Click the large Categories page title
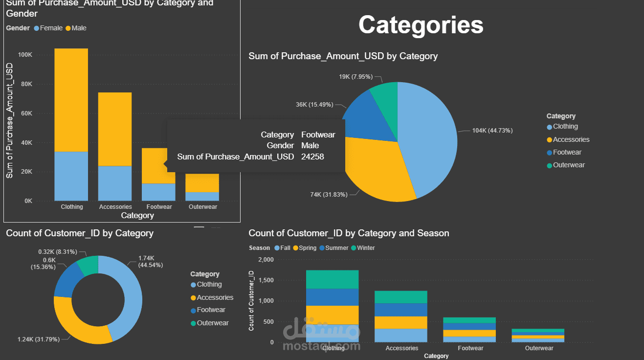pyautogui.click(x=421, y=25)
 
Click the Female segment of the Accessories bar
pyautogui.click(x=115, y=183)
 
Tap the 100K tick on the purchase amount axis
pyautogui.click(x=25, y=55)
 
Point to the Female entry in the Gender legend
pyautogui.click(x=51, y=28)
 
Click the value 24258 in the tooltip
pyautogui.click(x=312, y=157)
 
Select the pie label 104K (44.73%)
pyautogui.click(x=492, y=131)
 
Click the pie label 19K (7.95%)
pyautogui.click(x=355, y=77)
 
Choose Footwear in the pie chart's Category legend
pyautogui.click(x=567, y=153)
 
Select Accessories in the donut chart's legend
pyautogui.click(x=215, y=297)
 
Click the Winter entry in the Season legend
pyautogui.click(x=366, y=248)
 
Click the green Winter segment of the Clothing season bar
pyautogui.click(x=332, y=279)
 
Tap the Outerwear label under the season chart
pyautogui.click(x=539, y=348)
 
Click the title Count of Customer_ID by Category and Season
pyautogui.click(x=349, y=233)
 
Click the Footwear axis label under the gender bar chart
pyautogui.click(x=159, y=207)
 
